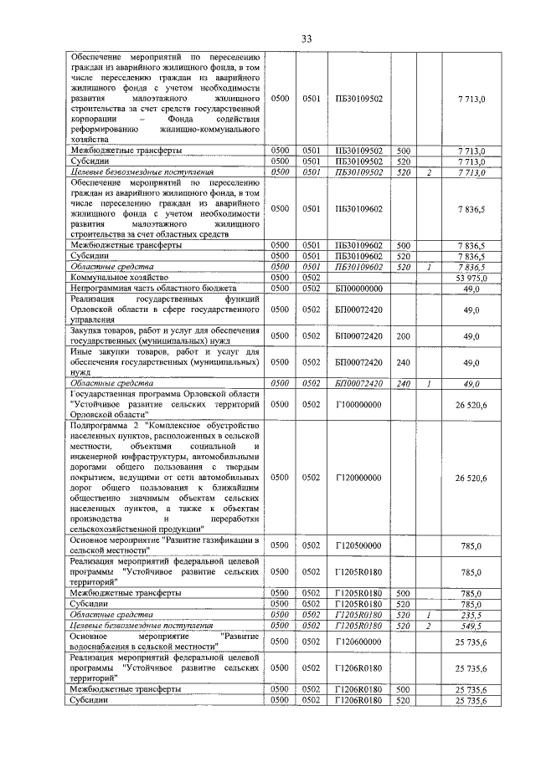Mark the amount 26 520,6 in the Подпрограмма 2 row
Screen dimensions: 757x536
(x=470, y=478)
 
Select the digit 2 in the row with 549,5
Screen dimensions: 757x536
(x=428, y=625)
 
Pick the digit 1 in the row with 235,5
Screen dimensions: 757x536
(x=428, y=614)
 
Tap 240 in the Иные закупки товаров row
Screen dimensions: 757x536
(x=403, y=362)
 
